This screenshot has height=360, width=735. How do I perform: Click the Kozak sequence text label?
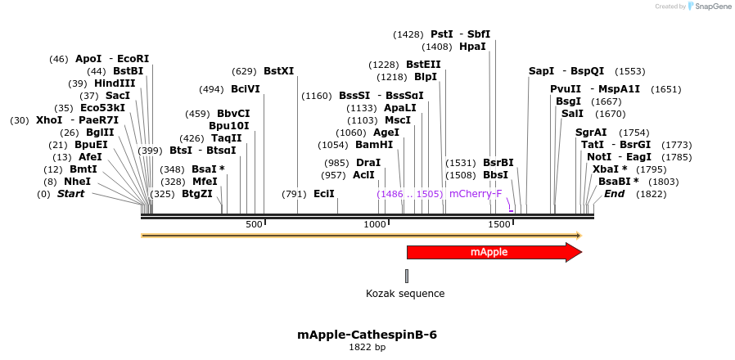point(405,294)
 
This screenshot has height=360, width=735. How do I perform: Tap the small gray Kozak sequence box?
point(407,276)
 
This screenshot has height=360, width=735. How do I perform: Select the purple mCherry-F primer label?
point(476,194)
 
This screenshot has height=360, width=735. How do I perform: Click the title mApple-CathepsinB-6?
point(367,335)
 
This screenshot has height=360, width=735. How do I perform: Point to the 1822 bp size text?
point(367,348)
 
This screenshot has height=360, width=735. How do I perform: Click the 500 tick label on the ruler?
point(254,224)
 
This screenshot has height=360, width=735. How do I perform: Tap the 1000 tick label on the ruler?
point(375,224)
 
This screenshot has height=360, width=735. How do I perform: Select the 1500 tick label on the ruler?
point(499,224)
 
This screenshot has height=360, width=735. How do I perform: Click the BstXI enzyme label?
point(279,71)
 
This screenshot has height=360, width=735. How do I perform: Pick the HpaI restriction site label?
point(472,47)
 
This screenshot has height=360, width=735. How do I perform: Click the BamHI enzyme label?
point(374,145)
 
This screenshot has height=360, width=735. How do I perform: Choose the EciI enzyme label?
point(324,194)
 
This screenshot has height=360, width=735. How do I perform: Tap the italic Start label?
point(70,194)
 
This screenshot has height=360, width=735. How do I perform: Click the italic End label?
point(614,194)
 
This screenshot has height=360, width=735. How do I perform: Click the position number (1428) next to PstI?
point(408,34)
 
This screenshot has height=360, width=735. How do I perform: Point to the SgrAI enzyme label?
point(591,133)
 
